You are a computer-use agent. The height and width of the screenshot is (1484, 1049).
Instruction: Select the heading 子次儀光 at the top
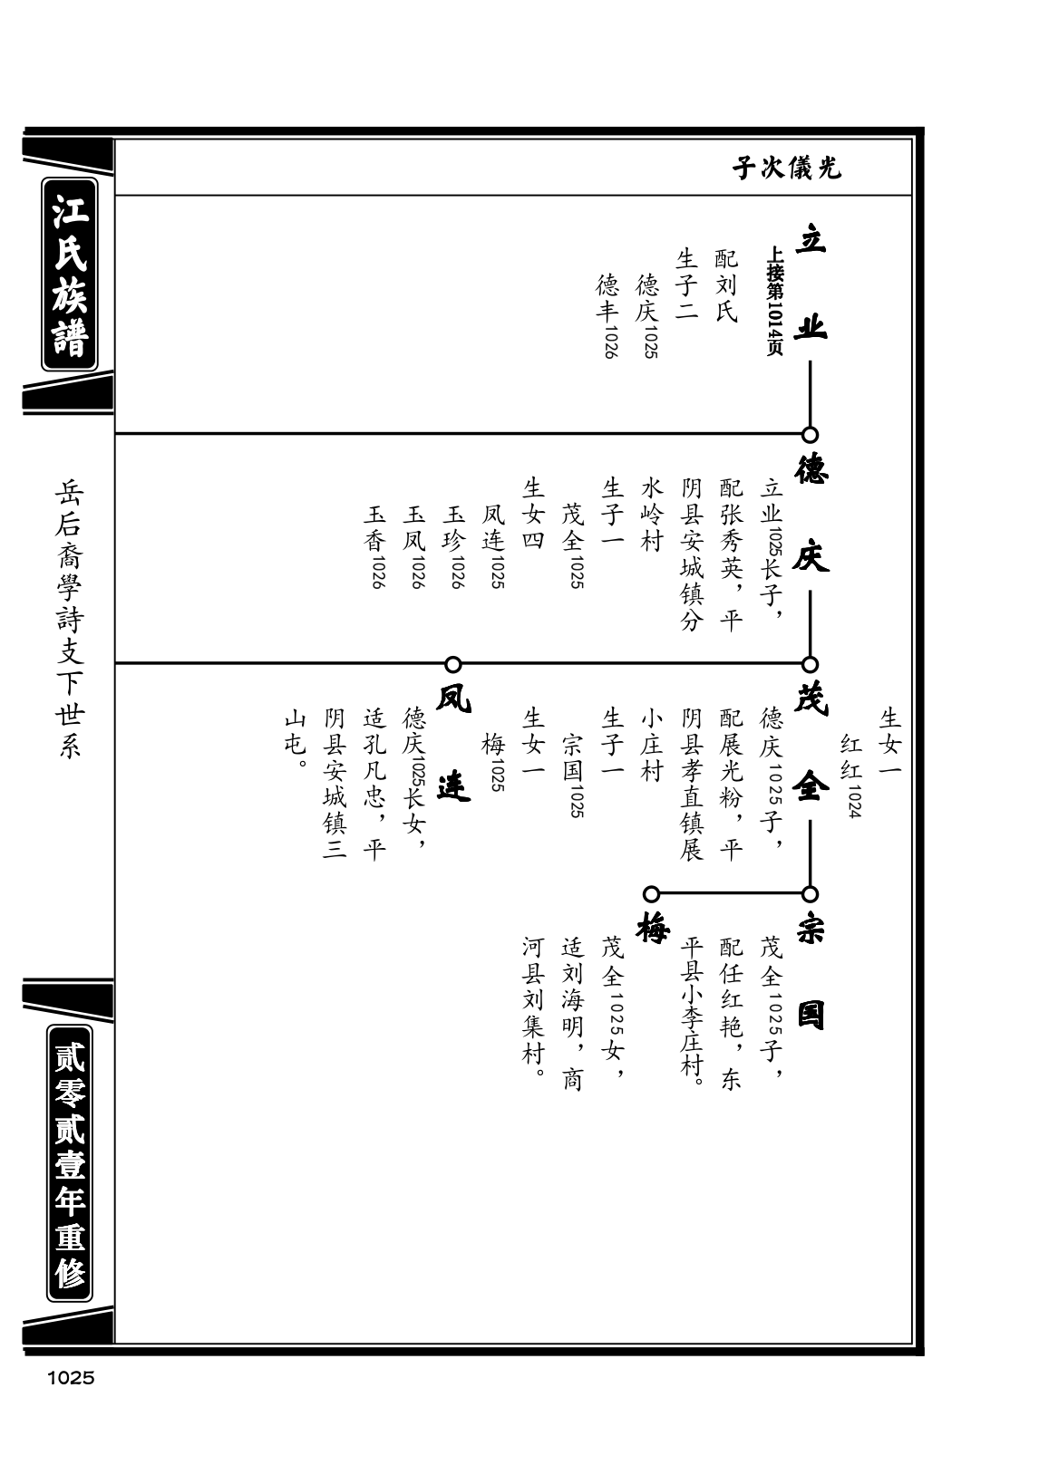coord(786,169)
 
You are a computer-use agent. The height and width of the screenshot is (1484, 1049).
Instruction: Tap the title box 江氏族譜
coord(70,275)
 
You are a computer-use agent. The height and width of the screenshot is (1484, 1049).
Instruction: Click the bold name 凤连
coord(453,746)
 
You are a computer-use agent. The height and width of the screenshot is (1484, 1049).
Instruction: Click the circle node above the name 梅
coord(652,894)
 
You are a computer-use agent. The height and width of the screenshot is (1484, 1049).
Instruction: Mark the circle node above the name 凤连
coord(453,664)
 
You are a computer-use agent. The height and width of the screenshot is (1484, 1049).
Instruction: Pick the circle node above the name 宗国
coord(810,894)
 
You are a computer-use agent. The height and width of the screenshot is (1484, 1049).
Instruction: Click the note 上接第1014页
coord(774,302)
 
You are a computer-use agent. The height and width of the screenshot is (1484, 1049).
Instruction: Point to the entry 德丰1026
coord(608,315)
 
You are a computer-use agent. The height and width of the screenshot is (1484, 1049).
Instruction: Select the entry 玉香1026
coord(375,547)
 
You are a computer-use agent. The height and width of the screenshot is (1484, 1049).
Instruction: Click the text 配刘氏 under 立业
coord(727,285)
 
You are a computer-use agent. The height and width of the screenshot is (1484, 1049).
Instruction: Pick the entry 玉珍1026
coord(454,547)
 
